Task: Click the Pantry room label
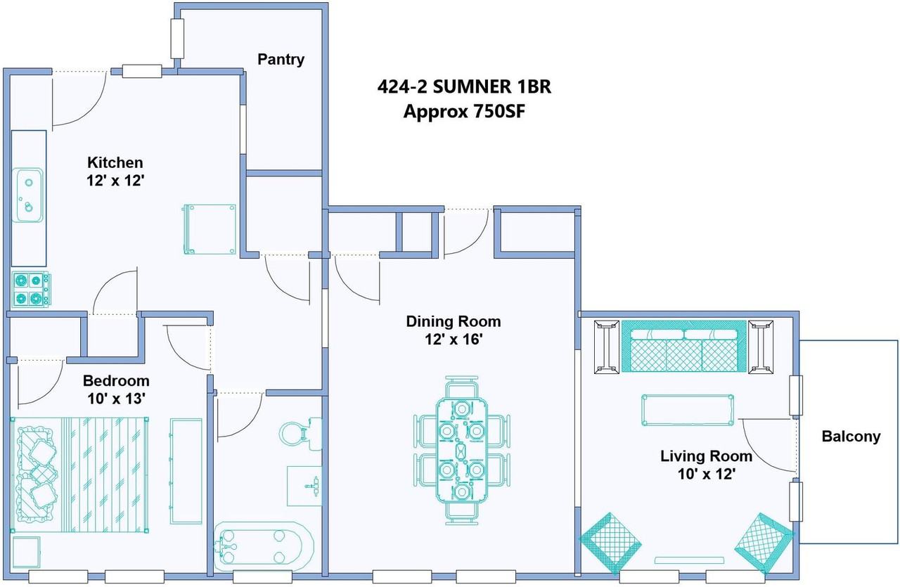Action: click(x=281, y=60)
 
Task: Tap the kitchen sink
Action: click(x=27, y=195)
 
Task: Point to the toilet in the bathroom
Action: click(x=300, y=434)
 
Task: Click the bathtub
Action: click(x=264, y=546)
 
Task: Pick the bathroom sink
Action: click(x=304, y=486)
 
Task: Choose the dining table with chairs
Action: click(x=462, y=451)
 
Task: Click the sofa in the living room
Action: click(x=684, y=346)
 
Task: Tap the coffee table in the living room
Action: click(x=688, y=410)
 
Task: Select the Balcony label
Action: click(x=851, y=437)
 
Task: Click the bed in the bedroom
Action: click(x=79, y=475)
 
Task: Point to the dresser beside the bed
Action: click(x=186, y=471)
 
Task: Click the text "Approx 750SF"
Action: click(x=464, y=112)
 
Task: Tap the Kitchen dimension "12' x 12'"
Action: click(x=115, y=181)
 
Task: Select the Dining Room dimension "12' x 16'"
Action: click(x=454, y=340)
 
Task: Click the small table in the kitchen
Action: click(x=210, y=229)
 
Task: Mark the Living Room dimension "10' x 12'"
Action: click(x=707, y=474)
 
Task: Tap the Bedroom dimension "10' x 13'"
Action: click(x=116, y=399)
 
